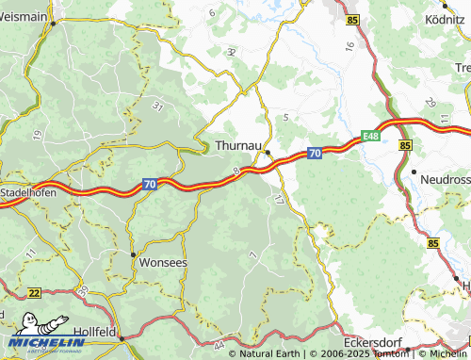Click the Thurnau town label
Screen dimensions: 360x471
(237, 146)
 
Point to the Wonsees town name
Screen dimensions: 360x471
(163, 262)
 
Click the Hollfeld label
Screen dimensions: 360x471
(94, 333)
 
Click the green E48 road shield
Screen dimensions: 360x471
(371, 136)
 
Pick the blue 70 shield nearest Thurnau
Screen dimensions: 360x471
(315, 153)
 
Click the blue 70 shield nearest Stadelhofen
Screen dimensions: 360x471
(151, 186)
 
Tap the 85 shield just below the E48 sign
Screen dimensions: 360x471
(405, 146)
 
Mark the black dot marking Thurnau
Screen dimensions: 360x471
(268, 152)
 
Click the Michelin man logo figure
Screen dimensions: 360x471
(25, 320)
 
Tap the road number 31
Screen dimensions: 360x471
(156, 106)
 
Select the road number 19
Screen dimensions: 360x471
(38, 136)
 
